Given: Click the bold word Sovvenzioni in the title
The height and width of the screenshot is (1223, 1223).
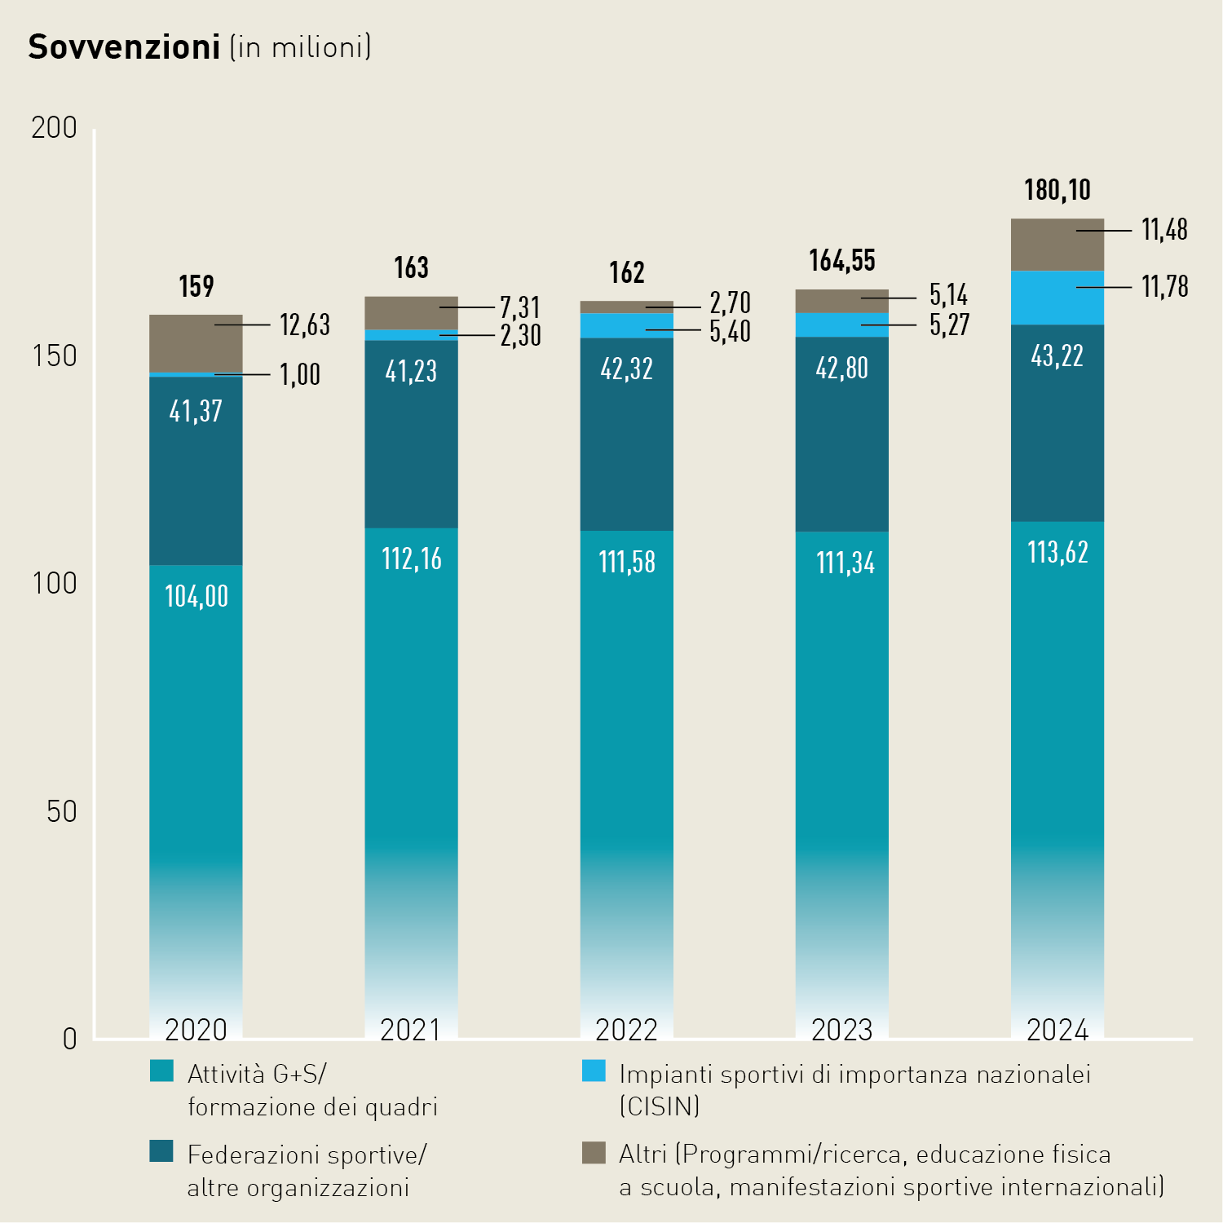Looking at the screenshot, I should pyautogui.click(x=124, y=47).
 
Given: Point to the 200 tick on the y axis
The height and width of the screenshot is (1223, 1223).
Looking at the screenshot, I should pyautogui.click(x=54, y=128).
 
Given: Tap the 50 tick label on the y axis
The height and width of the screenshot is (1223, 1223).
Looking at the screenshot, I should pyautogui.click(x=62, y=811).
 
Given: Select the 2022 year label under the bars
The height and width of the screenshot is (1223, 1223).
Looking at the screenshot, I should pyautogui.click(x=626, y=1030).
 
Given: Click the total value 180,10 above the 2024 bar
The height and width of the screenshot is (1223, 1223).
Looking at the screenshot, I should pyautogui.click(x=1057, y=190).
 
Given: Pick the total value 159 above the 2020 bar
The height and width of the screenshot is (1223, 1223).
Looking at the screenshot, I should pyautogui.click(x=196, y=286).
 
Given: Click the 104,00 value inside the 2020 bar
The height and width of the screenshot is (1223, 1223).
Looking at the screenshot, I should pyautogui.click(x=196, y=596).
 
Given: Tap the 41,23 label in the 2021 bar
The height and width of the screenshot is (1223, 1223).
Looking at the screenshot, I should pyautogui.click(x=411, y=372).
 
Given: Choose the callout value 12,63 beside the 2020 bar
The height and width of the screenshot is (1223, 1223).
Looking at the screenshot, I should pyautogui.click(x=305, y=325).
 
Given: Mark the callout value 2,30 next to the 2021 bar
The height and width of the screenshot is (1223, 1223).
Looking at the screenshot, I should pyautogui.click(x=521, y=335).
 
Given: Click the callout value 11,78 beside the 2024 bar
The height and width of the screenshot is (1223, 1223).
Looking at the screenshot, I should pyautogui.click(x=1164, y=287).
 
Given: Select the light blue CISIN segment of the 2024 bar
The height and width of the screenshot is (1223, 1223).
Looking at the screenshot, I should pyautogui.click(x=1057, y=298).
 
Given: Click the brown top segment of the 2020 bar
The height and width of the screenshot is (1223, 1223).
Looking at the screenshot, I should pyautogui.click(x=196, y=342).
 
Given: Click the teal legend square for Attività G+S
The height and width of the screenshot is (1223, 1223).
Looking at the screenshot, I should pyautogui.click(x=162, y=1071).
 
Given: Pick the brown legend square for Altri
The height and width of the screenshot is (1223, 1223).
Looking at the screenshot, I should pyautogui.click(x=594, y=1152).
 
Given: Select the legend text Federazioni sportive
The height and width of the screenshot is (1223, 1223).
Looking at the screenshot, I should pyautogui.click(x=307, y=1155).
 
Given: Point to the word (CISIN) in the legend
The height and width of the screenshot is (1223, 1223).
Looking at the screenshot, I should pyautogui.click(x=660, y=1106).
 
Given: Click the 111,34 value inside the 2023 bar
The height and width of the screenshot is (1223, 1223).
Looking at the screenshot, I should pyautogui.click(x=846, y=563).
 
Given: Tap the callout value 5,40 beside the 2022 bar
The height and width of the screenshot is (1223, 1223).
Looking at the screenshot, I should pyautogui.click(x=730, y=331).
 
